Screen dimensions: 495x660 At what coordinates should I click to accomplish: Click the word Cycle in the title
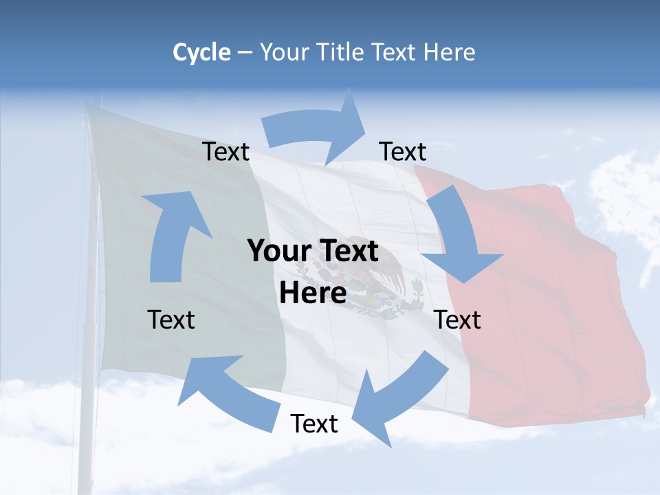(201, 52)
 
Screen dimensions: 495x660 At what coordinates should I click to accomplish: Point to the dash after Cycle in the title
(244, 52)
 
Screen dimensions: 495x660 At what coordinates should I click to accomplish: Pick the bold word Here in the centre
(313, 293)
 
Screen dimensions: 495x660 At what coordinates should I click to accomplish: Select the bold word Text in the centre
(347, 251)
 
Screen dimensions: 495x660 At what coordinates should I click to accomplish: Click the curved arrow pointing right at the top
(316, 128)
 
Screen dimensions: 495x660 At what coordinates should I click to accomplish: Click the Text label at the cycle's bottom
(314, 423)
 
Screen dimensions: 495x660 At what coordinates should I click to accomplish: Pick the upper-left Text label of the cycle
(225, 151)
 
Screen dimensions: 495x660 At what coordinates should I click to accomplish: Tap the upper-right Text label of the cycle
(403, 151)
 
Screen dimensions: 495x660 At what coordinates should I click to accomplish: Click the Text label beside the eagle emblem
(458, 320)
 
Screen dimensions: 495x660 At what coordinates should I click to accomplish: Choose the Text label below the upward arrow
(171, 320)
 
